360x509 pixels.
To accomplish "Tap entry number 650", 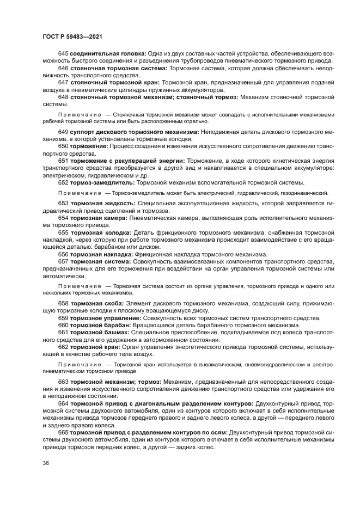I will (x=63, y=147).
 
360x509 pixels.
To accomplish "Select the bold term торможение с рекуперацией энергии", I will (x=127, y=162).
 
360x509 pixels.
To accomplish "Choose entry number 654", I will (x=63, y=218).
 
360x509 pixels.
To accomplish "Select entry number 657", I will (x=63, y=262).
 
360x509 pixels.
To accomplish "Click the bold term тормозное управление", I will (x=106, y=317).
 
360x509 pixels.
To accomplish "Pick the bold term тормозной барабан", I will (x=103, y=325).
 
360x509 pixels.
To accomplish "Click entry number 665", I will (x=63, y=432).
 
